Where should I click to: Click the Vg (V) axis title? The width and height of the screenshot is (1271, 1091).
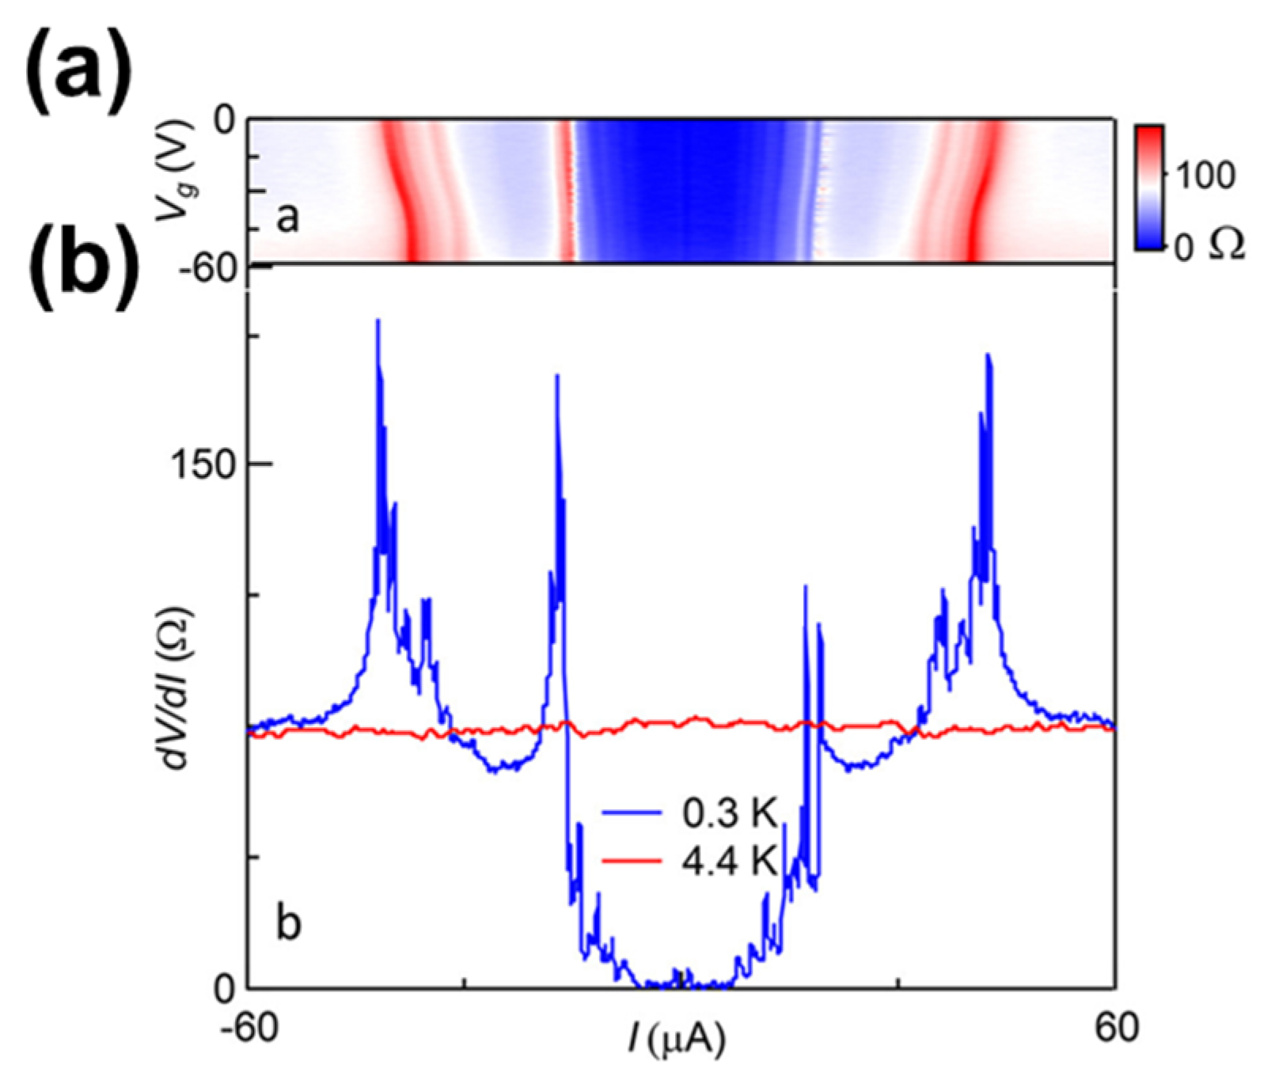coord(176,171)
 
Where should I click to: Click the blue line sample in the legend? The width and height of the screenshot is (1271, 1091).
coord(632,814)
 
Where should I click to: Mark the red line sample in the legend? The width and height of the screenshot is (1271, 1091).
coord(632,861)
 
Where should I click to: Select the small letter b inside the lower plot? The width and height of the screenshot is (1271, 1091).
coord(289,923)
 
